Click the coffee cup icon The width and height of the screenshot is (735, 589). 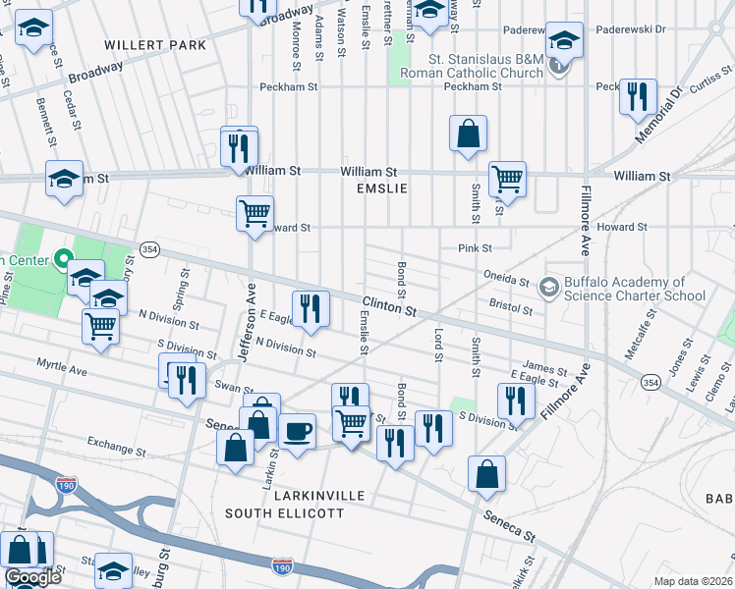297,431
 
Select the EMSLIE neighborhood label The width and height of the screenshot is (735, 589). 381,187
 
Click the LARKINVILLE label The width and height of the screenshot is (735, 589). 285,496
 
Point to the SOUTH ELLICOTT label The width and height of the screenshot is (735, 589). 285,512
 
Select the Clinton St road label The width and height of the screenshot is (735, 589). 389,307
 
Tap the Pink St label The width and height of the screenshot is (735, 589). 475,248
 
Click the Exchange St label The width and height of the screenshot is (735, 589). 116,446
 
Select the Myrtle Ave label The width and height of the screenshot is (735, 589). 62,367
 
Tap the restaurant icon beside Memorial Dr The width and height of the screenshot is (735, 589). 639,96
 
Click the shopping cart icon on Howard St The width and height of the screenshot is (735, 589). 254,212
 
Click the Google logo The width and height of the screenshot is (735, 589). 32,577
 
